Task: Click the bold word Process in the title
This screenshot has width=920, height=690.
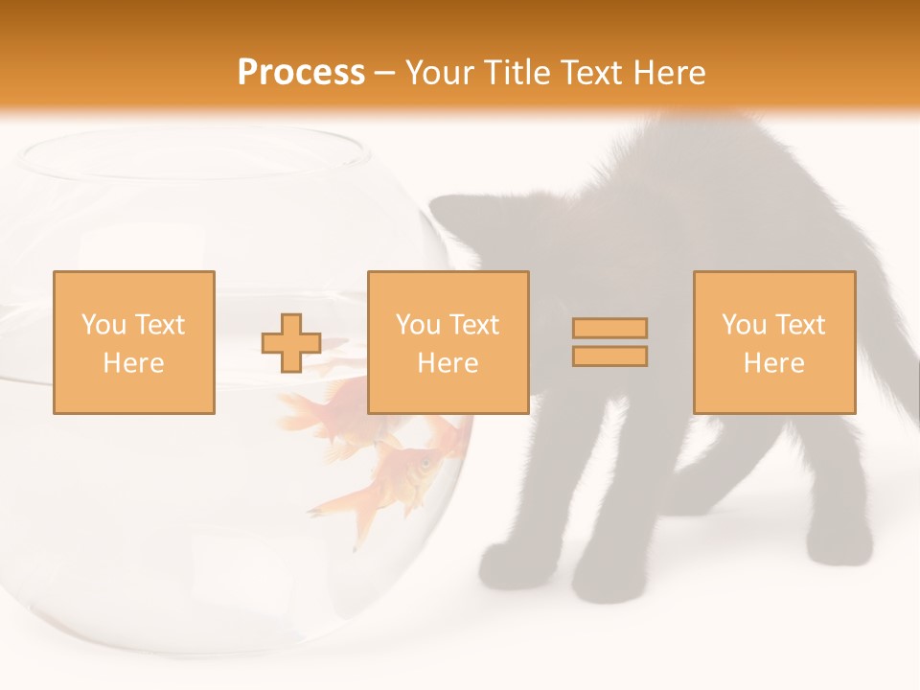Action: pyautogui.click(x=301, y=73)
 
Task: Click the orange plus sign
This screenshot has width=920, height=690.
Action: pyautogui.click(x=291, y=343)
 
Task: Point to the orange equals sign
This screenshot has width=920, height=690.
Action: pyautogui.click(x=609, y=342)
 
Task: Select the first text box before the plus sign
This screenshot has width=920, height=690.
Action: pyautogui.click(x=134, y=342)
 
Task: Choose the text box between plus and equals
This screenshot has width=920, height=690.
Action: pyautogui.click(x=448, y=342)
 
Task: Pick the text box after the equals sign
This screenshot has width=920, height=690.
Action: pyautogui.click(x=773, y=342)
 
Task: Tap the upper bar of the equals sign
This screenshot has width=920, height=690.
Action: pyautogui.click(x=609, y=329)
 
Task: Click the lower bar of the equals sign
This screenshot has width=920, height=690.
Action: pyautogui.click(x=609, y=356)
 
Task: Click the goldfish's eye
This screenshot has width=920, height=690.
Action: pyautogui.click(x=423, y=466)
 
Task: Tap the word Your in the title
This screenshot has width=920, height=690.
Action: pyautogui.click(x=437, y=73)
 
